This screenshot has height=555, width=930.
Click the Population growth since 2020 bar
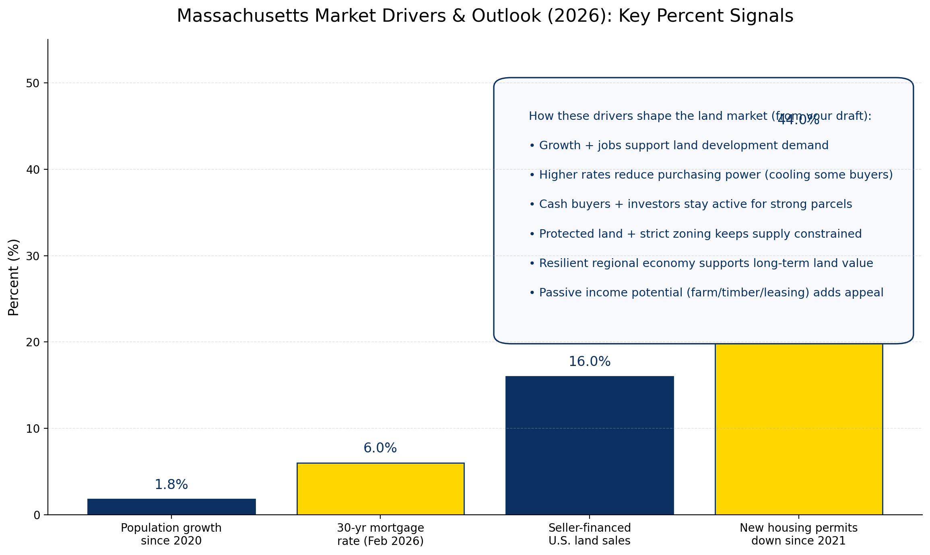click(171, 506)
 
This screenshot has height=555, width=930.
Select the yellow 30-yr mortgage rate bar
click(380, 488)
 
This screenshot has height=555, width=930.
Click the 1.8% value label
click(171, 485)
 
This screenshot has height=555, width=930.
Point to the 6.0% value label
click(380, 448)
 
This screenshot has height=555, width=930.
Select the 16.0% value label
click(589, 362)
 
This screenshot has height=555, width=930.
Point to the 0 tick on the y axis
click(37, 515)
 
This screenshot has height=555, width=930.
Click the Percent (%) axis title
click(14, 277)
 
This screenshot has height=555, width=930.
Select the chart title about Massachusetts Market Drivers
click(485, 16)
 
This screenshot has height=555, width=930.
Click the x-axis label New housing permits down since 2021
click(798, 534)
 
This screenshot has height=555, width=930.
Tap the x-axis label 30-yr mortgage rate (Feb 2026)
click(380, 534)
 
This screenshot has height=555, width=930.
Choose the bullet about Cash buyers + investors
click(690, 204)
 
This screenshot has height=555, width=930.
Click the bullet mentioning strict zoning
click(695, 234)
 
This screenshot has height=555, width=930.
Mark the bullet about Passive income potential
click(706, 292)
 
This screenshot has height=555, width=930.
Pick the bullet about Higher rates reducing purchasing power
click(711, 175)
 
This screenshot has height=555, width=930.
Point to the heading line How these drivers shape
click(699, 116)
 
